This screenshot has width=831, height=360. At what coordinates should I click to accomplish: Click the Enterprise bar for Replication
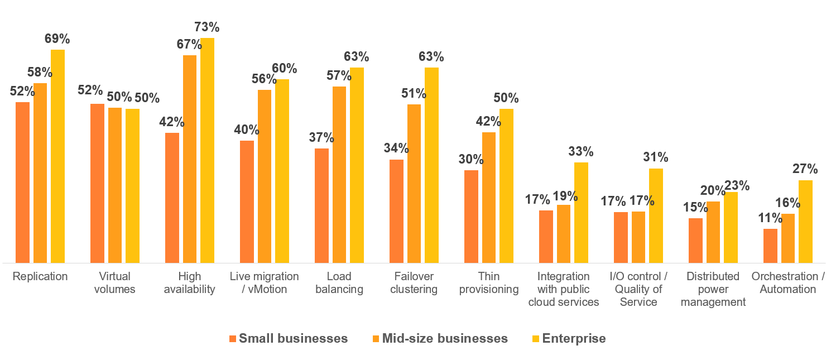click(x=57, y=156)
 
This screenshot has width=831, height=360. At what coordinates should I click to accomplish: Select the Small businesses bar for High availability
click(x=172, y=198)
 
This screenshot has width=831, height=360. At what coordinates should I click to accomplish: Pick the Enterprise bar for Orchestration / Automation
click(x=805, y=221)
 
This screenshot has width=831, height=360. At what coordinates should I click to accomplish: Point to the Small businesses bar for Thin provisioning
click(x=471, y=216)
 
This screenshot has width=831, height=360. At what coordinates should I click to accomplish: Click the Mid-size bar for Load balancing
click(x=339, y=174)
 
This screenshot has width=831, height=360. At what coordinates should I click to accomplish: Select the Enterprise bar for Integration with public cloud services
click(x=581, y=212)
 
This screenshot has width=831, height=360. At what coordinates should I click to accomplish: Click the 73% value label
click(x=206, y=27)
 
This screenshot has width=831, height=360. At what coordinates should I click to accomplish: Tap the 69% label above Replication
click(x=57, y=39)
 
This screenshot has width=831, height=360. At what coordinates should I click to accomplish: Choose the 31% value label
click(x=656, y=157)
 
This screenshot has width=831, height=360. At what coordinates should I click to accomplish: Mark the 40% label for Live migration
click(x=247, y=129)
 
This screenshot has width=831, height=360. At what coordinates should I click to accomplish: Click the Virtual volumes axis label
click(x=115, y=282)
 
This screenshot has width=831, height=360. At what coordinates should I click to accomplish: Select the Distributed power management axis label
click(x=713, y=289)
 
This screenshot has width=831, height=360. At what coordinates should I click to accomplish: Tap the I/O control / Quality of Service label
click(x=638, y=289)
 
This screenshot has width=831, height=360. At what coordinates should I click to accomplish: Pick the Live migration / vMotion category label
click(x=265, y=282)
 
